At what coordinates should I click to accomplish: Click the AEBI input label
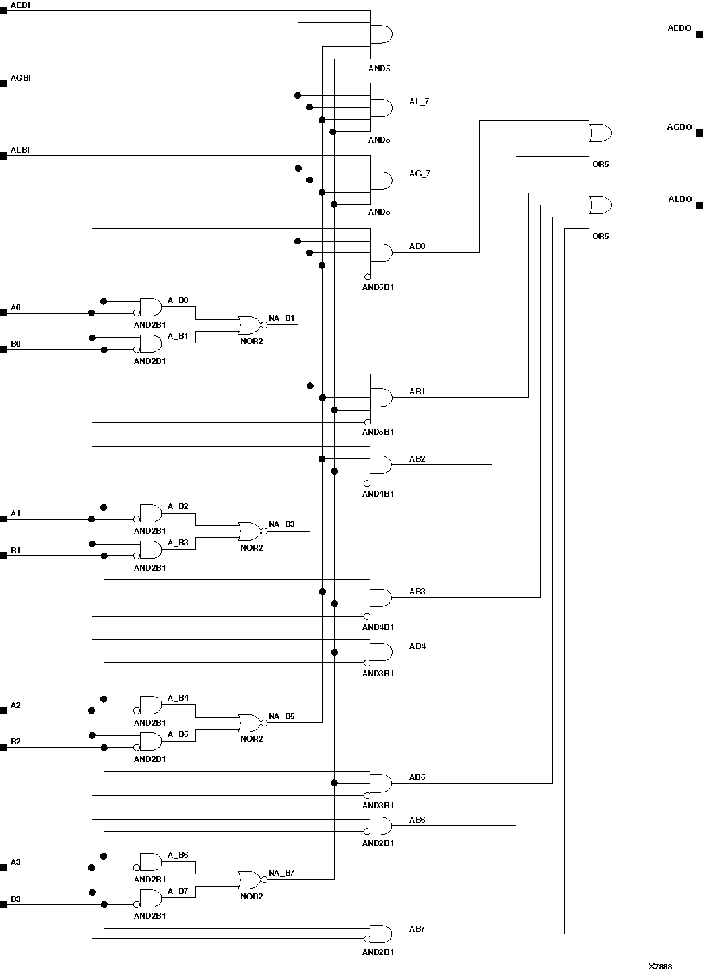(20, 5)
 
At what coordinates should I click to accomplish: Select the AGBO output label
(679, 127)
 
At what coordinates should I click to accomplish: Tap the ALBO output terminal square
(699, 205)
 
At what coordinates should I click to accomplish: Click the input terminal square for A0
(3, 313)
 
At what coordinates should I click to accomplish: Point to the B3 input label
(15, 899)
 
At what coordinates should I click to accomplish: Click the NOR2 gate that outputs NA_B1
(250, 325)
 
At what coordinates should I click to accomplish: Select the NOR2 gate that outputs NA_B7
(250, 879)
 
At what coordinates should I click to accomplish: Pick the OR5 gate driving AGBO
(600, 133)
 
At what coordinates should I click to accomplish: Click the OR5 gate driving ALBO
(600, 205)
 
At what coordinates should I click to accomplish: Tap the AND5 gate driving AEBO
(381, 34)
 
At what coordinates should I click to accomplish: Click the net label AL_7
(419, 102)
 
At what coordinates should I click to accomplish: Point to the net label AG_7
(420, 174)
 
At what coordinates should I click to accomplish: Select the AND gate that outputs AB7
(380, 934)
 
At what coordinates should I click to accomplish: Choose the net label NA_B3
(281, 524)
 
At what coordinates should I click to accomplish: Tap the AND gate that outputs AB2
(380, 464)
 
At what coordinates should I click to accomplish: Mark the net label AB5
(417, 777)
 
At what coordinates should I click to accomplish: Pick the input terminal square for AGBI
(3, 84)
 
